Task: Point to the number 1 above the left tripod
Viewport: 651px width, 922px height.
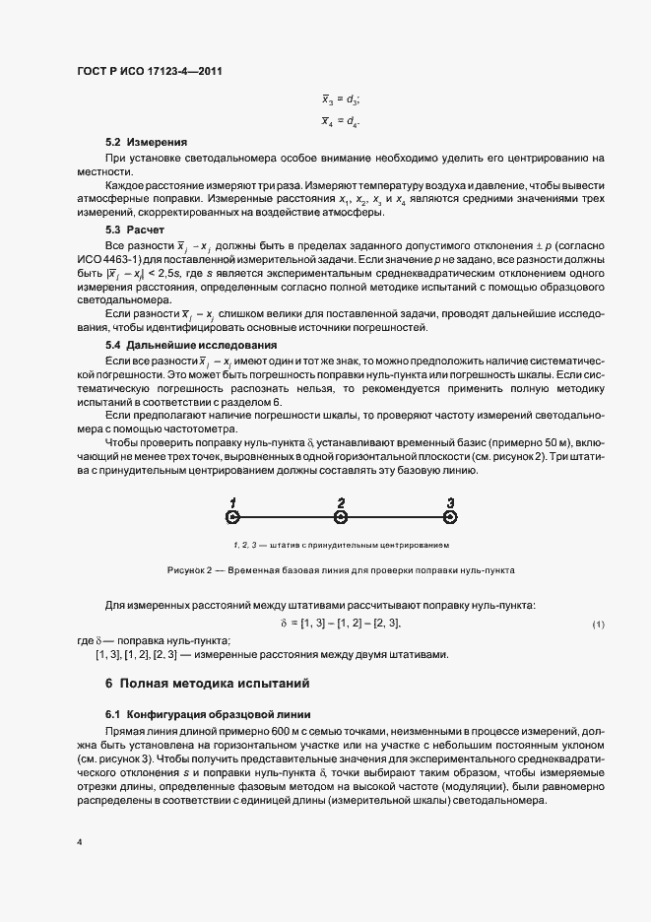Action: click(x=232, y=501)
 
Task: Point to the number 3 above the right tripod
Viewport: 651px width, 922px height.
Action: click(x=450, y=501)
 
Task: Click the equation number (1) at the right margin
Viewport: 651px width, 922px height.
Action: click(x=598, y=626)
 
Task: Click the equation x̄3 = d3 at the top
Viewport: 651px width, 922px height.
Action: click(x=341, y=99)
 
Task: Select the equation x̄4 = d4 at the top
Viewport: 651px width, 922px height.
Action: click(x=341, y=121)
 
